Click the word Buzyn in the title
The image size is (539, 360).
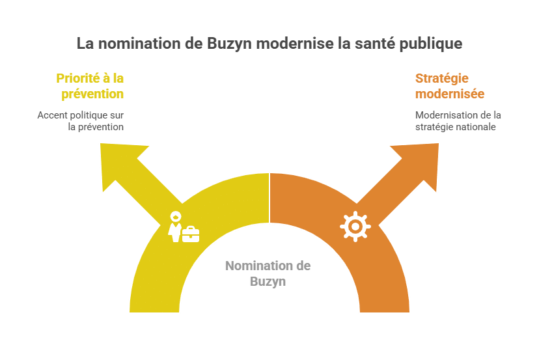[229, 44]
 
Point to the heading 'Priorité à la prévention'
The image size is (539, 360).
[90, 86]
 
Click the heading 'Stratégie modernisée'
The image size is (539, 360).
[450, 86]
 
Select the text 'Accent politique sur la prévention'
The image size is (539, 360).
[81, 121]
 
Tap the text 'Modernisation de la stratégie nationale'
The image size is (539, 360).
[458, 121]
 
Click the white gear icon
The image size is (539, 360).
[355, 227]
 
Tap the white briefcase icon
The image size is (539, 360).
[191, 234]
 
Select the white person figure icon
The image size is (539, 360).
[175, 227]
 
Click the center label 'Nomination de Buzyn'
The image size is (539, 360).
[268, 273]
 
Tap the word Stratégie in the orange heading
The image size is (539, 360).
[442, 79]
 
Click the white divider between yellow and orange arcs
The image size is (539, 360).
[269, 198]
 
